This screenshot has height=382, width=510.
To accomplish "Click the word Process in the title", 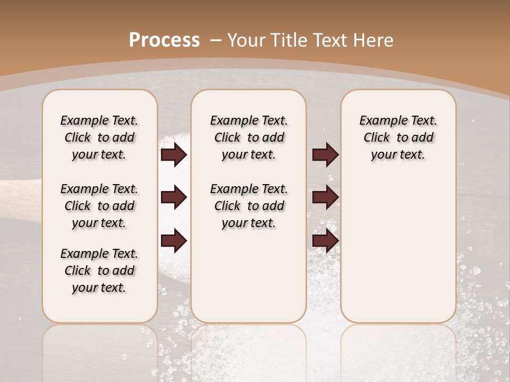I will point(164,40).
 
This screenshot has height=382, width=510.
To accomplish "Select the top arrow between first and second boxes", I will point(174,154).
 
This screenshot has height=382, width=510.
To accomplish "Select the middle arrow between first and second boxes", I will point(174,197).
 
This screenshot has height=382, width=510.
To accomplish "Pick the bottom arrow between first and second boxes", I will point(174,240).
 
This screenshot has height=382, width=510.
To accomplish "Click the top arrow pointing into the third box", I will point(326,154).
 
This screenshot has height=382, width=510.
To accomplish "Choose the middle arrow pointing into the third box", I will point(326,197).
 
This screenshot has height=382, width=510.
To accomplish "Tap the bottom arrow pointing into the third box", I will point(326,240).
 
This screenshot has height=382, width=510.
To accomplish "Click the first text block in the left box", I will point(99,137).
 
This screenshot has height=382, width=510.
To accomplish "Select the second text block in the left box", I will point(99,206).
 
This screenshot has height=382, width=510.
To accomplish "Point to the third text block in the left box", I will point(99,271).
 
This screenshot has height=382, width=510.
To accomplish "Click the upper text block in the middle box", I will point(249,137).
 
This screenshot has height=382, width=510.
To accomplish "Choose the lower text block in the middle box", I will point(249,206).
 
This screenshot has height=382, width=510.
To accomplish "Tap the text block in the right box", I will point(398,137).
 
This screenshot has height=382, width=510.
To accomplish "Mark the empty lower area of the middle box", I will point(249,276).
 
